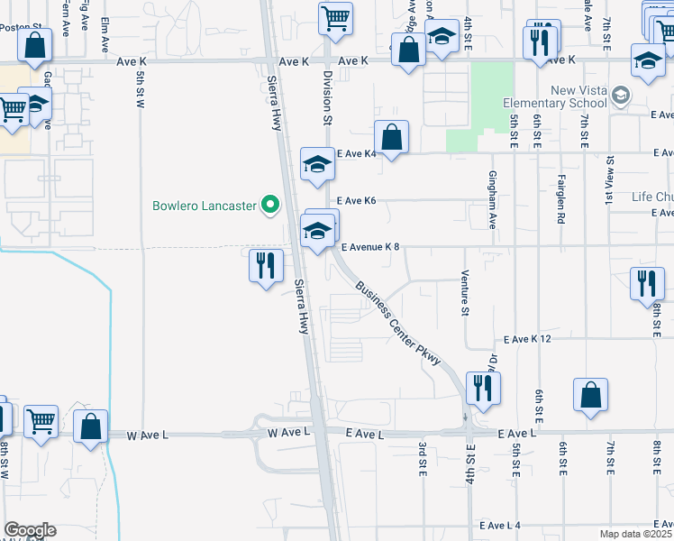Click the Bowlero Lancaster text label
[204, 206]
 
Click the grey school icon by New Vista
[620, 95]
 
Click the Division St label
[328, 98]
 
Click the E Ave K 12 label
[527, 339]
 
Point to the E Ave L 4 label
[500, 525]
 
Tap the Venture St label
[466, 293]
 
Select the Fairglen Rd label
[560, 197]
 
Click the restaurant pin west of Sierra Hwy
[266, 266]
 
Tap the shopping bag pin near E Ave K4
[392, 138]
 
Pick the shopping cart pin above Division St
[335, 19]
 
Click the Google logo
[30, 530]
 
